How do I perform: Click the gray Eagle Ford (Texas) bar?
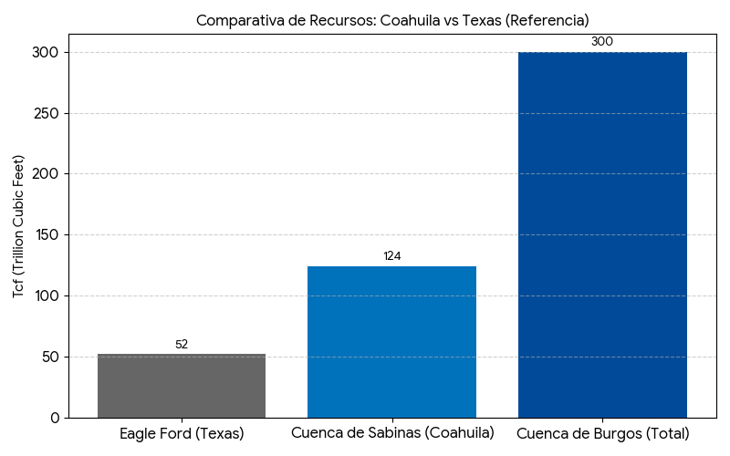point(182,386)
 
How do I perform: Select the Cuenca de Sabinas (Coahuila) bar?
point(391,342)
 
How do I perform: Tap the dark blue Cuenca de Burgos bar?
point(602,234)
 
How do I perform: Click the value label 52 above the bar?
point(182,345)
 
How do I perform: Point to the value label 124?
point(391,256)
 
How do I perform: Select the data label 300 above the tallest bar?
point(602,42)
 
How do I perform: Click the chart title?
point(392,20)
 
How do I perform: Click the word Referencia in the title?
point(548,20)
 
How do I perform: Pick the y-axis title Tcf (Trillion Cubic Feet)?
point(18,227)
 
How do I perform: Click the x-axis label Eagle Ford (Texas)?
point(182,433)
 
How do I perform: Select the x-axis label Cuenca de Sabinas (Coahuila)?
point(392,432)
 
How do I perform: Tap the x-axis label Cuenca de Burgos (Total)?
point(602,433)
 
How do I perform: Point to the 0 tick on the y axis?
point(55,418)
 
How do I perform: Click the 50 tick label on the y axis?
point(50,357)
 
